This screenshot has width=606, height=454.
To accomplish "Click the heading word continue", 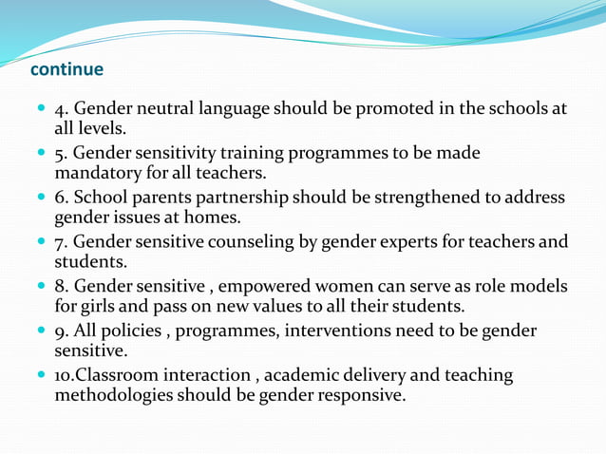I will point(66,70).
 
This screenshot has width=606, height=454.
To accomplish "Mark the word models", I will point(540,287).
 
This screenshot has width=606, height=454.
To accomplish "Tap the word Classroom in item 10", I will point(112,375).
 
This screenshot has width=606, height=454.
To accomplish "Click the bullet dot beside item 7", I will point(41,242).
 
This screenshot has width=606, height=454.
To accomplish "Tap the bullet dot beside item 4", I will point(41,109).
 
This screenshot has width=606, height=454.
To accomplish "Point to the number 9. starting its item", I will point(62,331).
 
